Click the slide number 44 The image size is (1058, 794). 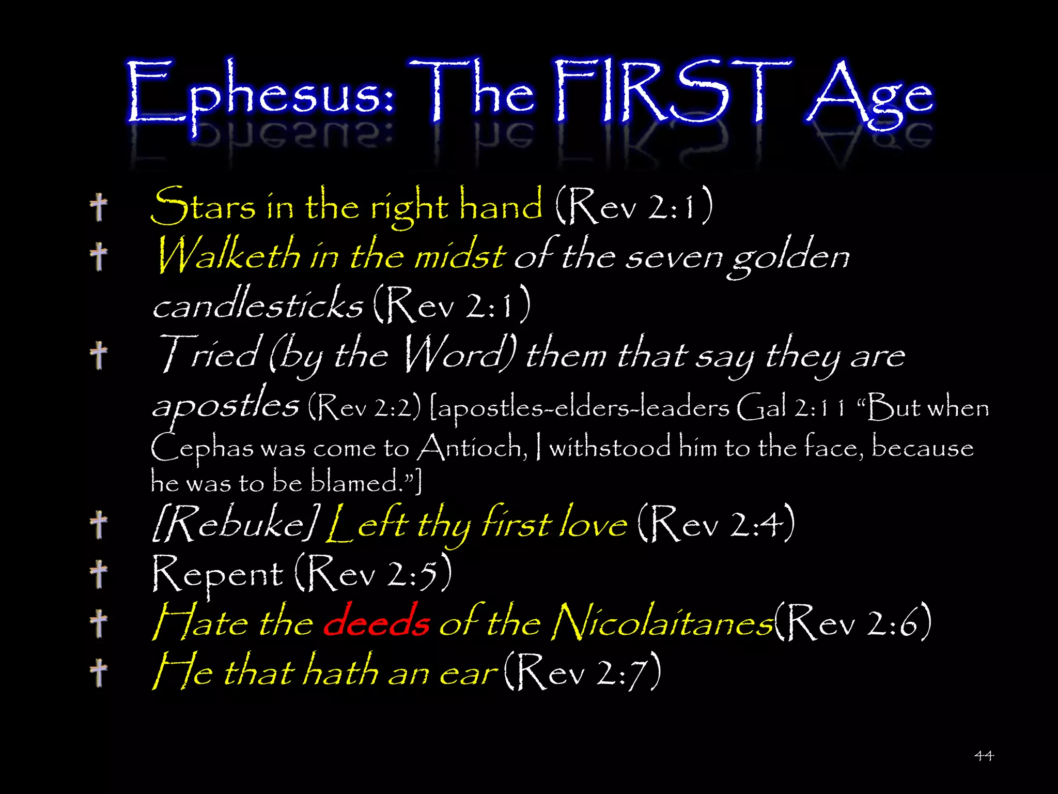[x=984, y=756]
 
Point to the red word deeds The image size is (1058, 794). [x=376, y=622]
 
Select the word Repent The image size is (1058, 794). [x=217, y=574]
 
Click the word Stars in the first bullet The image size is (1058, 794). [x=203, y=206]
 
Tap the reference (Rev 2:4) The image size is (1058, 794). [x=716, y=524]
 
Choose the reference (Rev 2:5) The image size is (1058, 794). [x=374, y=573]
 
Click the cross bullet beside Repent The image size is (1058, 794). [x=98, y=574]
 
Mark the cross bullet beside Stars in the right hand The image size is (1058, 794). [x=98, y=207]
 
